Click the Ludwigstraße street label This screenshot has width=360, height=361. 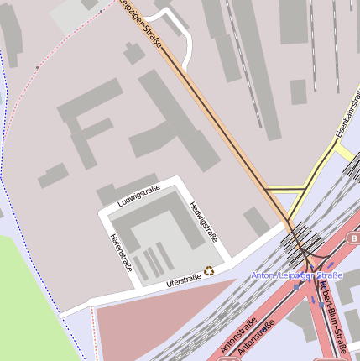pyautogui.click(x=138, y=197)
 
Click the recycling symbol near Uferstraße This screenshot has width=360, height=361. pyautogui.click(x=209, y=270)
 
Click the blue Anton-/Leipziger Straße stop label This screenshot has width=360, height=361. pyautogui.click(x=297, y=275)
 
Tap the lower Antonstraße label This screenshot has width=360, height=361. pyautogui.click(x=257, y=339)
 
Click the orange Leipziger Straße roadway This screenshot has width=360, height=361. pyautogui.click(x=218, y=118)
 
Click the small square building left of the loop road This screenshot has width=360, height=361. pyautogui.click(x=133, y=52)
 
